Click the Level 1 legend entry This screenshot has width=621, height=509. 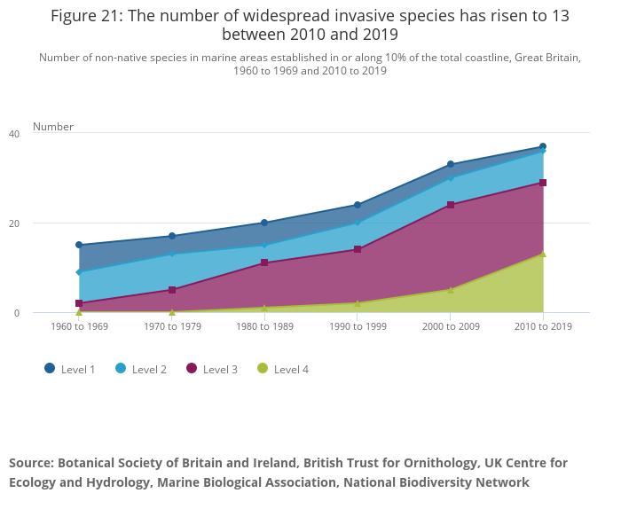click(x=70, y=369)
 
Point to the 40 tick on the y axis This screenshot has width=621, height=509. click(x=14, y=134)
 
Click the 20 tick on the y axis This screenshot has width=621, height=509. click(x=14, y=223)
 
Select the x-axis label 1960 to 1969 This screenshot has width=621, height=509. click(x=79, y=326)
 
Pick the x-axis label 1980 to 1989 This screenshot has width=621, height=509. click(x=264, y=326)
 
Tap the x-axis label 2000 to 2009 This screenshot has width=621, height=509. click(x=450, y=326)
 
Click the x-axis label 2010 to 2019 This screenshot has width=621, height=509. click(x=543, y=326)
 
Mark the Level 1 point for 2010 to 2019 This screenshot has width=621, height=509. click(x=543, y=146)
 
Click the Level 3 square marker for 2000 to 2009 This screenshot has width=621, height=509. click(x=450, y=205)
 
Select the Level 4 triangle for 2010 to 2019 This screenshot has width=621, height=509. click(x=543, y=254)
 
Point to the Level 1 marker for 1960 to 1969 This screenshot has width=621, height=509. click(x=79, y=245)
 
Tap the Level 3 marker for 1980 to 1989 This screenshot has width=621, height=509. click(x=264, y=263)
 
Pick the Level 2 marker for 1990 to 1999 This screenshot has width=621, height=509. click(x=358, y=223)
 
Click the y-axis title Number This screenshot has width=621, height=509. click(x=53, y=127)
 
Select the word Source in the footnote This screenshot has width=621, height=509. click(x=30, y=463)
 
